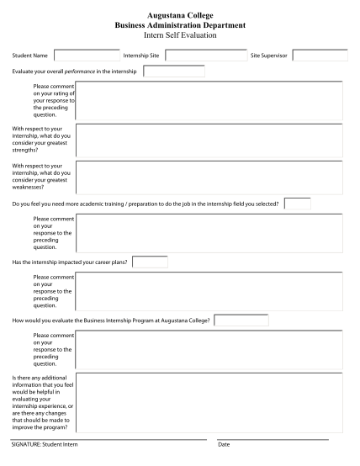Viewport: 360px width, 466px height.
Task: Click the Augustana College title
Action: pyautogui.click(x=179, y=16)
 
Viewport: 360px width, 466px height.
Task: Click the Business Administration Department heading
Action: pyautogui.click(x=179, y=26)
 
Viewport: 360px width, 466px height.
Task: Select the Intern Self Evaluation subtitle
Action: pyautogui.click(x=179, y=36)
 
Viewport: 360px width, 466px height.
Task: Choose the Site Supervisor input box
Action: pyautogui.click(x=320, y=56)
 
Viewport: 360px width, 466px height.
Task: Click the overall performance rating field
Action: pyautogui.click(x=173, y=71)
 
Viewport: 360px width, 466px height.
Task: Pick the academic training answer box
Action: pyautogui.click(x=298, y=204)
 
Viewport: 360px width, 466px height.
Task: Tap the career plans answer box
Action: pyautogui.click(x=150, y=262)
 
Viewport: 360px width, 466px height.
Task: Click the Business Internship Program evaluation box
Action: pyautogui.click(x=241, y=320)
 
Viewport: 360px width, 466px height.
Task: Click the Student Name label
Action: pyautogui.click(x=29, y=56)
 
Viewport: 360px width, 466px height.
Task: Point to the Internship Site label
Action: pyautogui.click(x=141, y=56)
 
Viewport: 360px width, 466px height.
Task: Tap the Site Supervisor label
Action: pyautogui.click(x=269, y=56)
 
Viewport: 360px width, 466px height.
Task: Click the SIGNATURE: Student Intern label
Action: pyautogui.click(x=44, y=444)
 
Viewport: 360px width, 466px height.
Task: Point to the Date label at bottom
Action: pyautogui.click(x=224, y=444)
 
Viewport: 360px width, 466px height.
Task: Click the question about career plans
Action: pyautogui.click(x=70, y=262)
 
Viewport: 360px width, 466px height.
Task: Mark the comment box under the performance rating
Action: pyautogui.click(x=208, y=100)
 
